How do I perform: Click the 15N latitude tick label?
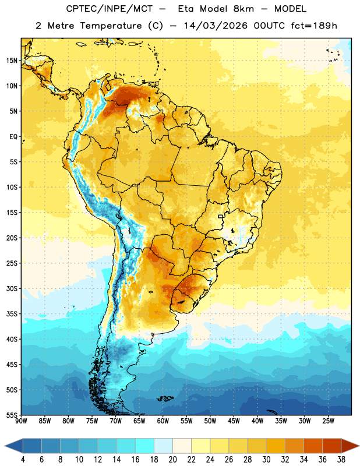12,61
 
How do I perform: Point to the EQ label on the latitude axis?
13,137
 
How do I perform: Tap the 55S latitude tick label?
12,415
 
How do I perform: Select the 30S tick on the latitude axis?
12,288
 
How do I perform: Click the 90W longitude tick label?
21,421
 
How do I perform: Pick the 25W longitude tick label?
328,421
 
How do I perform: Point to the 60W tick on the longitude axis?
163,421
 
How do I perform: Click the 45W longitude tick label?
234,421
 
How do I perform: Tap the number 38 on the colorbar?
341,460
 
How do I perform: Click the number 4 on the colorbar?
23,460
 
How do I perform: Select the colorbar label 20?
172,460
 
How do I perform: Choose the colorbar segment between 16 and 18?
145,446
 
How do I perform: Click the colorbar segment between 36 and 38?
332,446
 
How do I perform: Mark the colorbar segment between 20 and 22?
182,446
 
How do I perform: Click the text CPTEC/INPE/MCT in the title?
110,9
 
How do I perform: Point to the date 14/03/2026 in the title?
216,26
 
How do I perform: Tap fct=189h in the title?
314,26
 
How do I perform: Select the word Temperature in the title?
111,26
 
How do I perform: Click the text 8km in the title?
243,9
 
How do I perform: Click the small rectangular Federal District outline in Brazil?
221,216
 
